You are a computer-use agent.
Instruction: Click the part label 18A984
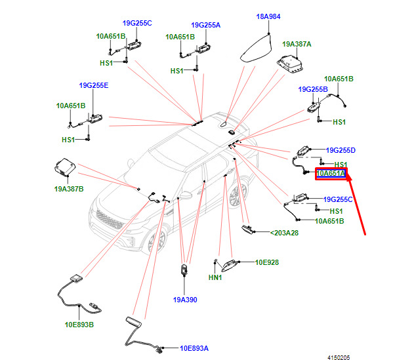[x=268, y=16]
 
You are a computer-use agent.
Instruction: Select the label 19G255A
[x=205, y=25]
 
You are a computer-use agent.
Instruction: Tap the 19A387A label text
[x=297, y=44]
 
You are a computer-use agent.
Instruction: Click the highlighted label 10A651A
[x=331, y=173]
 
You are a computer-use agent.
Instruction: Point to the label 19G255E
[x=94, y=85]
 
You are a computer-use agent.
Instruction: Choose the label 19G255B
[x=313, y=89]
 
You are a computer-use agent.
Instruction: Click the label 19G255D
[x=341, y=150]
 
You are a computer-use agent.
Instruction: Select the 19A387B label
[x=69, y=189]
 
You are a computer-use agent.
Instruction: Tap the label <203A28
[x=284, y=233]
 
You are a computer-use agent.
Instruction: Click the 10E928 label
[x=267, y=262]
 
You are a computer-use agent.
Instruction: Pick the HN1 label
[x=215, y=277]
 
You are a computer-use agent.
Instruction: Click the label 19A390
[x=185, y=300]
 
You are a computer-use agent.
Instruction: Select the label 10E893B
[x=79, y=325]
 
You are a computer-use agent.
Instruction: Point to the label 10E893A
[x=194, y=348]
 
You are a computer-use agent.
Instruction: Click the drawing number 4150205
[x=339, y=357]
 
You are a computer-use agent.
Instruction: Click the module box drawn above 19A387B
[x=65, y=167]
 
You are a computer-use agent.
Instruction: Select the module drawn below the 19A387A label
[x=289, y=64]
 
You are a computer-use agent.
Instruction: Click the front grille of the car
[x=110, y=219]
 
